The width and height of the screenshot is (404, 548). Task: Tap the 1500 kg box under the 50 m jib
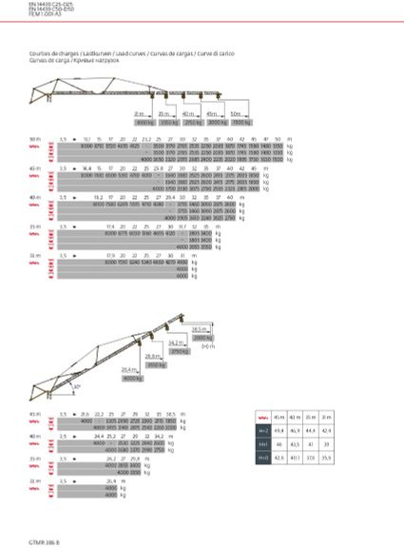point(241,123)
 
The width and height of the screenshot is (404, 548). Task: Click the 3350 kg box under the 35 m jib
point(170,123)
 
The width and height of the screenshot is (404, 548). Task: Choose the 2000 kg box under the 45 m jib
point(218,123)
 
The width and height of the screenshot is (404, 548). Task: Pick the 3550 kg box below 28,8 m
point(156,364)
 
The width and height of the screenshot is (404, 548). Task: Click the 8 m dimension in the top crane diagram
point(139,113)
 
